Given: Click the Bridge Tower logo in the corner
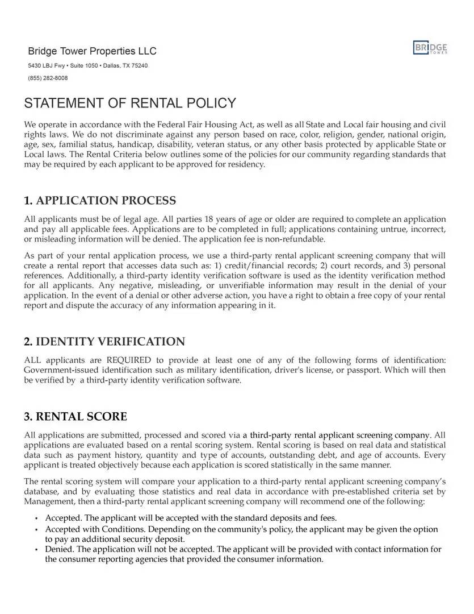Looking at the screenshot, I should [430, 48].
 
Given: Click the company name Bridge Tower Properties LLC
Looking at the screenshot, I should [92, 51].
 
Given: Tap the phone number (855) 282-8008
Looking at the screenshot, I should [48, 78].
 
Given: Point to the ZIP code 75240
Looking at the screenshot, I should [140, 66].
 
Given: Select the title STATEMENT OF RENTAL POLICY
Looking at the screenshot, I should [130, 103].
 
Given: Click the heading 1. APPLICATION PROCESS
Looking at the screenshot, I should [100, 201].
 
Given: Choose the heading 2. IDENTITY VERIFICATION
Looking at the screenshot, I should [104, 342].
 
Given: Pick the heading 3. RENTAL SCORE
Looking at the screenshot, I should [75, 417].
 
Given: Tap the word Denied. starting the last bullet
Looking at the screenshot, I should [60, 549].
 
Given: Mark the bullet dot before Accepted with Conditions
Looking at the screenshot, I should [36, 530].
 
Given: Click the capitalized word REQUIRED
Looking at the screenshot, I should [129, 360].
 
